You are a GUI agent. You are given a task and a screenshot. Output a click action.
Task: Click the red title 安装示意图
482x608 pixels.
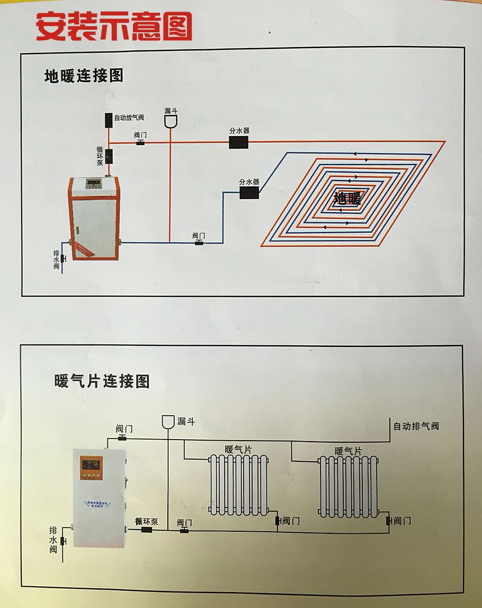(114, 26)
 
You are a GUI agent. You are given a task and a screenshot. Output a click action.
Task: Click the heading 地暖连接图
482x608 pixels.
(84, 76)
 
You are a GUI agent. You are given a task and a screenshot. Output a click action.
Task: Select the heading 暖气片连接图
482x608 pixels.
(102, 381)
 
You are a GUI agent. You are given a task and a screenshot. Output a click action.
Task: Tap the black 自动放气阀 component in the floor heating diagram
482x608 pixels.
(109, 119)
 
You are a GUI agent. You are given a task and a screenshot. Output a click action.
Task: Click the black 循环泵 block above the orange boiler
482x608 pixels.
(109, 156)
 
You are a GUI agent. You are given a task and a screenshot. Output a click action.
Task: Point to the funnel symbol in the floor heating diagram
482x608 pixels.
(171, 121)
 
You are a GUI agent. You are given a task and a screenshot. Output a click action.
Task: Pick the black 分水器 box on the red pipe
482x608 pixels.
(238, 142)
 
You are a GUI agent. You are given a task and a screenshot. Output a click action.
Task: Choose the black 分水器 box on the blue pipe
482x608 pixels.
(249, 192)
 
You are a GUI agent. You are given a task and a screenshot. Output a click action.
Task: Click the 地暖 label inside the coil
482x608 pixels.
(347, 199)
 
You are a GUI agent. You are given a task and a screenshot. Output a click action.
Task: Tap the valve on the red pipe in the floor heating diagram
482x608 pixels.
(140, 142)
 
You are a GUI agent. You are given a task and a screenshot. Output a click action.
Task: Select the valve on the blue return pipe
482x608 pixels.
(199, 243)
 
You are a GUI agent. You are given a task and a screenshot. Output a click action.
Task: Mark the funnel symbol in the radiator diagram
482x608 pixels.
(168, 422)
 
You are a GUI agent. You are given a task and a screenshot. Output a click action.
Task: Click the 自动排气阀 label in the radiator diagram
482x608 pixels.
(416, 426)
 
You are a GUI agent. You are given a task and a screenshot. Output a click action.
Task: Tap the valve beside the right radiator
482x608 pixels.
(389, 521)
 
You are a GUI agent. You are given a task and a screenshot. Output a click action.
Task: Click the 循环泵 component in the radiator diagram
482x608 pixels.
(146, 529)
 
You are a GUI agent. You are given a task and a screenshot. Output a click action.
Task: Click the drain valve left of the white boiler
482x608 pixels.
(63, 541)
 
